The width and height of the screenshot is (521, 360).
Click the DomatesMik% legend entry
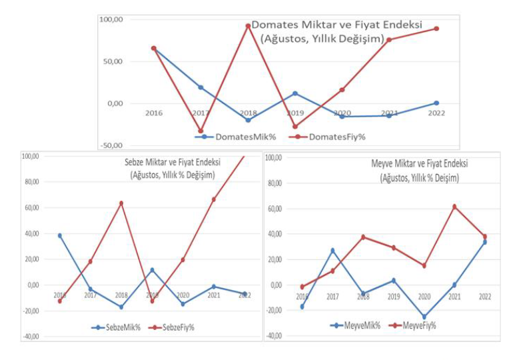pos(235,137)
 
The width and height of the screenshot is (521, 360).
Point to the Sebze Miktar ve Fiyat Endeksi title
pos(173,162)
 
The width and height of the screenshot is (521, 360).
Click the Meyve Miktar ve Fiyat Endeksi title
pos(419,164)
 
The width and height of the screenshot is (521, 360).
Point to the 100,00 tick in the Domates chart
pos(111,20)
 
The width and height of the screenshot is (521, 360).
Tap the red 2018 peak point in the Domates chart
pos(248,26)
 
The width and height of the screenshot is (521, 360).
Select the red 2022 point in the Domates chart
pos(436,29)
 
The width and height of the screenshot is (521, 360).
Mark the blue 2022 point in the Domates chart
pos(436,103)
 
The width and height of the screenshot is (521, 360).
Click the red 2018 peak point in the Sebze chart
pos(121,203)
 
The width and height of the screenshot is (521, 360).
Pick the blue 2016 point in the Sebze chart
pos(60,235)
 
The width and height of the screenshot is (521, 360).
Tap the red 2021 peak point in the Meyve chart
pos(454,207)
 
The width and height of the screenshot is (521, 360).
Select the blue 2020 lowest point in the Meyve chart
pos(424,317)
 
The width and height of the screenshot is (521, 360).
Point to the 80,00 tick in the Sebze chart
pos(31,182)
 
